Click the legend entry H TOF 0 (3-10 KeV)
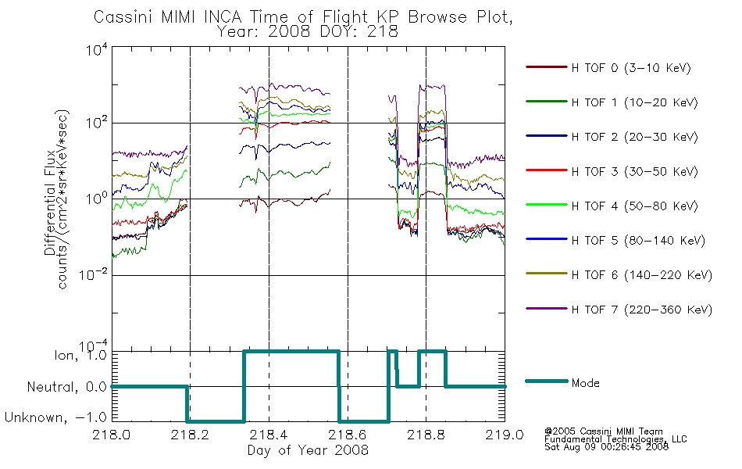[631, 68]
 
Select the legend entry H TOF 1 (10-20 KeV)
[634, 102]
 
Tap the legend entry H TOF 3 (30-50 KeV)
[634, 171]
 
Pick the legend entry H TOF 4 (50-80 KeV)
[634, 206]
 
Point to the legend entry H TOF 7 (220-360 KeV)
[641, 310]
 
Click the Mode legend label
[585, 383]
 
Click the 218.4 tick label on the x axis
[269, 435]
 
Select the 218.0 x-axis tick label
[112, 435]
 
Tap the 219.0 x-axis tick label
[505, 435]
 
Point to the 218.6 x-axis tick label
[348, 435]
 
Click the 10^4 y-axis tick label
[97, 49]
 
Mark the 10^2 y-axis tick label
[97, 124]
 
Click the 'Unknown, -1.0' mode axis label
[55, 417]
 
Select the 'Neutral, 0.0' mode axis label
[66, 387]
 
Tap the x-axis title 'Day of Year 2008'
[308, 449]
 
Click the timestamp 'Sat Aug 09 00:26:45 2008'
[606, 447]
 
